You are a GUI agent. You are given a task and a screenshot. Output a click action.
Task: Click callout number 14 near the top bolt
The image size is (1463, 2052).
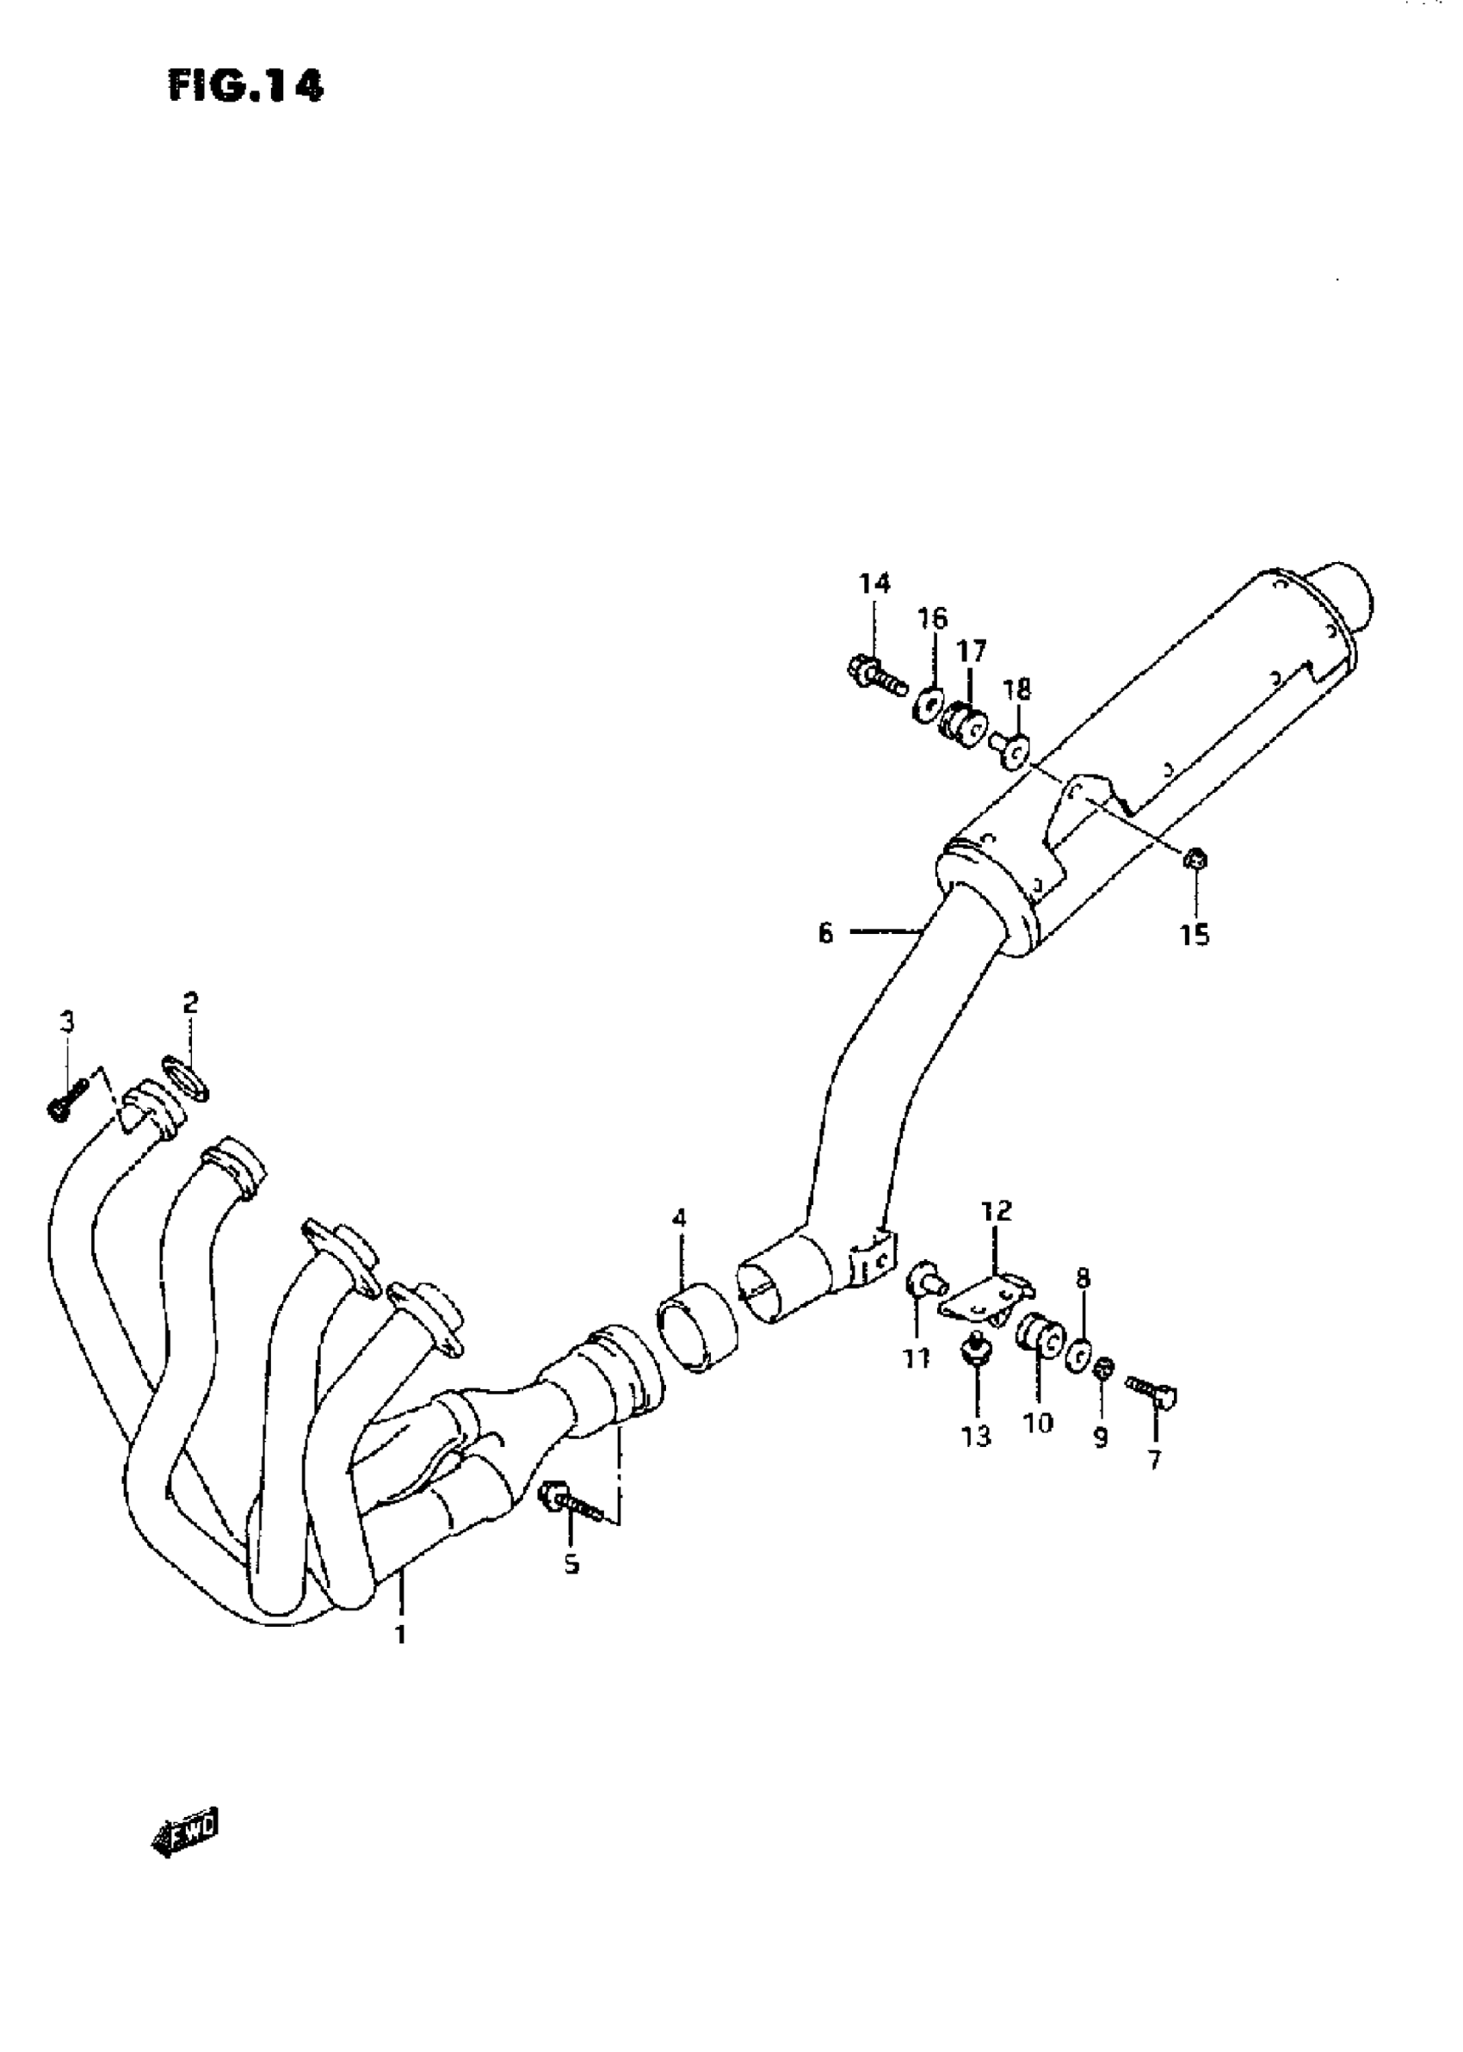coord(873,584)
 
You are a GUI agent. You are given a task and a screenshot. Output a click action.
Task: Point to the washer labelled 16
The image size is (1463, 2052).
coord(927,704)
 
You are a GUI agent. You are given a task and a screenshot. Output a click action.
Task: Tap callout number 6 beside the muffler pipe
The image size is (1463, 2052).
coord(825,933)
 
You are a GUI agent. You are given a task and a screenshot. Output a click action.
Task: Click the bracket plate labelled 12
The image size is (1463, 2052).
coord(984,1298)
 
